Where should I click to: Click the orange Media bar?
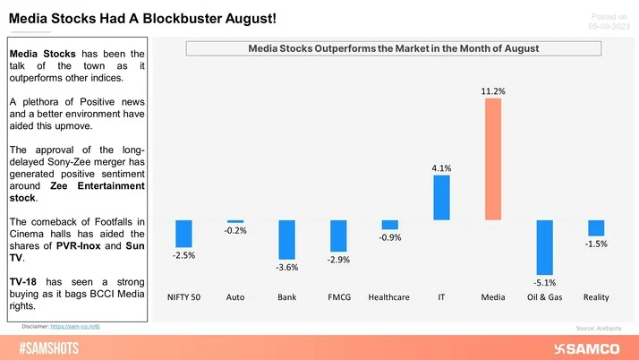point(493,159)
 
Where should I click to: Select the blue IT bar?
point(441,197)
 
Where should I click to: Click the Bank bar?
point(286,240)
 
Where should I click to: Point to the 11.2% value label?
point(493,90)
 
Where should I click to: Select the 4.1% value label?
point(441,167)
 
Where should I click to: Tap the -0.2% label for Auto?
point(234,231)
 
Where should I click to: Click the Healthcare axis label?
point(389,296)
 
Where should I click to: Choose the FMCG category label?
point(338,296)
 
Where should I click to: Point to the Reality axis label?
point(596,296)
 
